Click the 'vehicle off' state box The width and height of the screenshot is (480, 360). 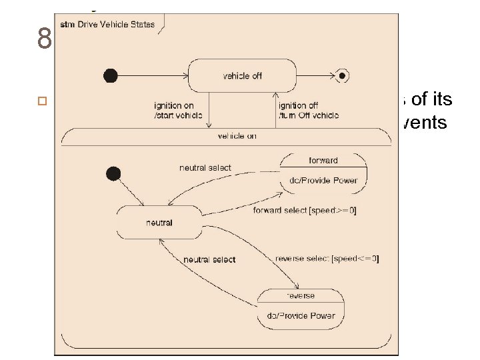241,75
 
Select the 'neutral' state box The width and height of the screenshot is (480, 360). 159,222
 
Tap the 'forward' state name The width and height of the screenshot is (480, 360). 323,160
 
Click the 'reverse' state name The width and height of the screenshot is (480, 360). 301,295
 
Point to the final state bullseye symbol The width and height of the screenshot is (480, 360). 343,75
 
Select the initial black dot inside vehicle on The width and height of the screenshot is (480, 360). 113,174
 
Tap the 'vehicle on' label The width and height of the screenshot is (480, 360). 237,136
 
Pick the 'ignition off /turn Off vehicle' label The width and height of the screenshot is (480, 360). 308,110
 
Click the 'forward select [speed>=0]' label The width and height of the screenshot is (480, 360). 305,211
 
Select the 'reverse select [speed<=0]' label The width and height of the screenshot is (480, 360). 327,259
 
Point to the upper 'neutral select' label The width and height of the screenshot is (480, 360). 205,167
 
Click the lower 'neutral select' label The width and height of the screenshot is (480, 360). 209,259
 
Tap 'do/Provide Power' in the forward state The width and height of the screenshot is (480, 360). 323,180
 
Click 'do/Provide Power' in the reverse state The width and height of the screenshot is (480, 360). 301,315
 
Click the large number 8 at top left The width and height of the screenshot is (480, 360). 45,40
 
